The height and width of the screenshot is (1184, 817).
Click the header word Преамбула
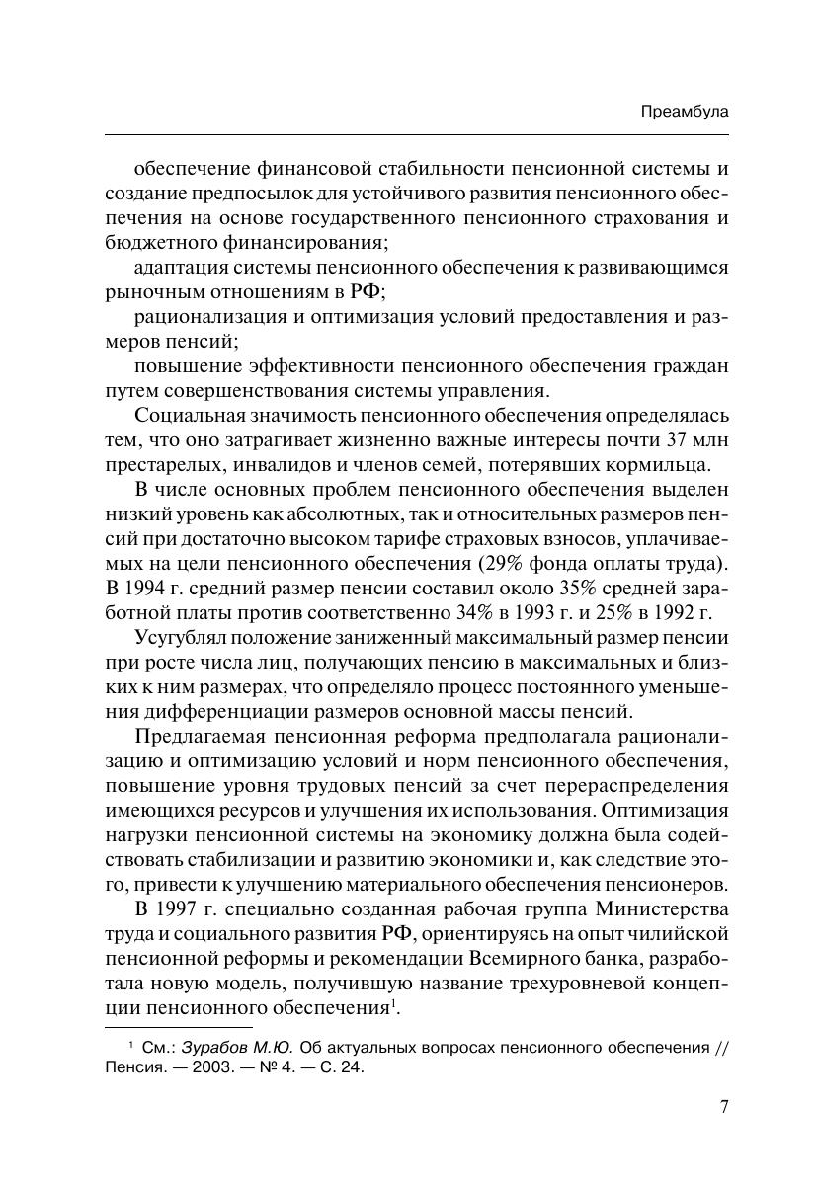pos(684,113)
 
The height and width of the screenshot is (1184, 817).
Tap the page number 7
pos(723,1107)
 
